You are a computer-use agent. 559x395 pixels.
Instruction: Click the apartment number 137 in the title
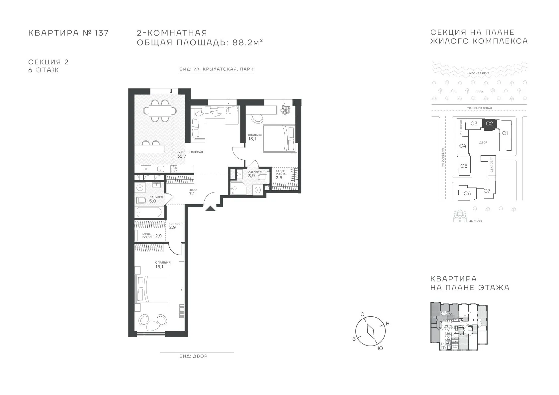101,33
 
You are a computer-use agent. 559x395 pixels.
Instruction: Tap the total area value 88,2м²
247,42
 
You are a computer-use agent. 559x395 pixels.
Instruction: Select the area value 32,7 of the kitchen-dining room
182,156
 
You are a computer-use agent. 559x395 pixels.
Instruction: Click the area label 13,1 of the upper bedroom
252,139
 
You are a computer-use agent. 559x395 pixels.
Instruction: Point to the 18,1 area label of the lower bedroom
159,267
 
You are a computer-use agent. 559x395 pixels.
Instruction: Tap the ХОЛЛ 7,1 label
192,192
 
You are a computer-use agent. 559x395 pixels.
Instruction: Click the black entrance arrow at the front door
210,208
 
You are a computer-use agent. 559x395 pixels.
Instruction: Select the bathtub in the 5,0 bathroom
149,212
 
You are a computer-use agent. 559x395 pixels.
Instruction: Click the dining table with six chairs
160,111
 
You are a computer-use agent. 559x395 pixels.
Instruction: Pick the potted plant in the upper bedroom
285,110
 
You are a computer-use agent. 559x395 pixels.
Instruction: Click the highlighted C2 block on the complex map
489,124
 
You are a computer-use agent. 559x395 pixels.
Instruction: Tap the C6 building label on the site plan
467,193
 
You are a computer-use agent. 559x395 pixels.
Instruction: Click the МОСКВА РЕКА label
479,73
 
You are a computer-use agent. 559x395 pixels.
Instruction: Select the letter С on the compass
362,314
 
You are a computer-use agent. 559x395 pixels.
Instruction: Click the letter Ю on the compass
380,349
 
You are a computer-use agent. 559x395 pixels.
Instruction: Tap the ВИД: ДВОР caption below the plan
193,356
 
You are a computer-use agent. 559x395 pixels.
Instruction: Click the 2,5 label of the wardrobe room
279,178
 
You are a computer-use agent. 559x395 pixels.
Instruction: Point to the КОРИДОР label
175,224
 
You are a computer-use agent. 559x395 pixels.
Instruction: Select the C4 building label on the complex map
463,146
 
